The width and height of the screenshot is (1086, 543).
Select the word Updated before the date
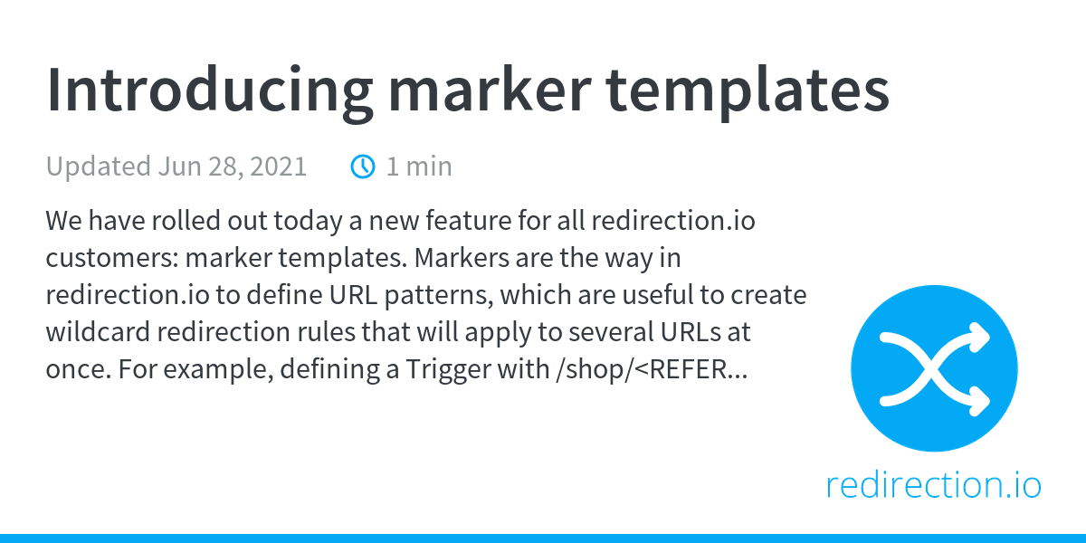click(98, 167)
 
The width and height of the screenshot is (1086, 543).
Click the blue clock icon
click(363, 167)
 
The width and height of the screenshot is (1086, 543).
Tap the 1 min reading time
click(419, 167)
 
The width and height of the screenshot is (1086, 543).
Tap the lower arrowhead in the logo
click(976, 399)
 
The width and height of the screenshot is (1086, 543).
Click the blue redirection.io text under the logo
click(933, 485)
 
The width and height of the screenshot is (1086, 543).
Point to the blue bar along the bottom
click(543, 538)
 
